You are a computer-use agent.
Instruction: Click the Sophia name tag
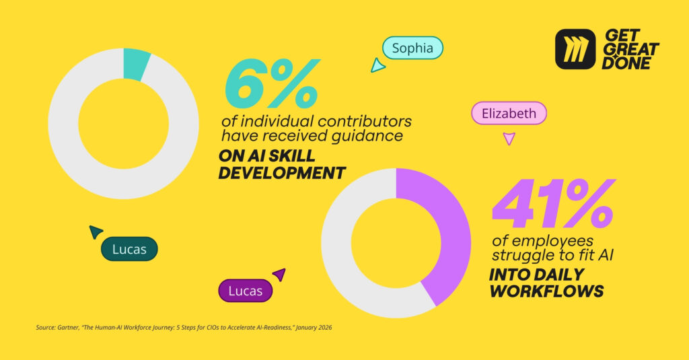tap(412, 48)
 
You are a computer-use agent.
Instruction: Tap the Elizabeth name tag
tap(509, 113)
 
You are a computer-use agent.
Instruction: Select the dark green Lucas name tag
tap(129, 249)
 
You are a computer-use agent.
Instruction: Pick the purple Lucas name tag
tap(246, 291)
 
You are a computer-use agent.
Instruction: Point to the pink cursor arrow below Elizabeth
tap(509, 139)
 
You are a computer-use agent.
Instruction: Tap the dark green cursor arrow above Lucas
tap(96, 232)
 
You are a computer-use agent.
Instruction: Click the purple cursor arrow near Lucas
tap(279, 274)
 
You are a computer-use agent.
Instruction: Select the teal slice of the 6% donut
tap(136, 65)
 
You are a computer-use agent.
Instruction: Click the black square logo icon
tap(575, 49)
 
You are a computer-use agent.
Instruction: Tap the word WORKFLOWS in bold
tap(546, 291)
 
